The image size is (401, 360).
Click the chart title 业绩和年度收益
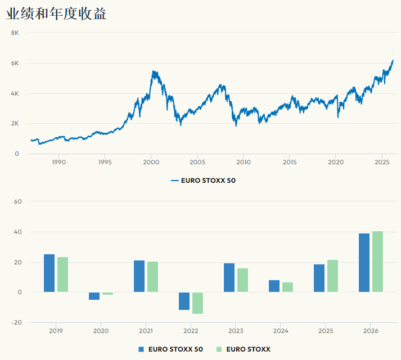(x=56, y=13)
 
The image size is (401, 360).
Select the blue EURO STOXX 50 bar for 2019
(x=49, y=273)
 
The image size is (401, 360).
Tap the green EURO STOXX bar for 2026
(x=377, y=262)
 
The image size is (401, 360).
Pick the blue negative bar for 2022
(x=184, y=301)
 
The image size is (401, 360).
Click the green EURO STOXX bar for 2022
(x=197, y=303)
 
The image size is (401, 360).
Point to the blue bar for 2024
(x=274, y=286)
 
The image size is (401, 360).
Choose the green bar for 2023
(x=242, y=280)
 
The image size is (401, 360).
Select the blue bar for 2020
(x=94, y=296)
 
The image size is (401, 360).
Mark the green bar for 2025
(x=332, y=276)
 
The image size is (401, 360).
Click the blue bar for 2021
(x=139, y=276)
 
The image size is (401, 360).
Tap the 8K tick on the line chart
(x=15, y=33)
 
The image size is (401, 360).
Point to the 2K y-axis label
(x=15, y=123)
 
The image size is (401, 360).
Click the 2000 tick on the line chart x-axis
(x=151, y=162)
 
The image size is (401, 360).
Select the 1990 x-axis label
(x=58, y=162)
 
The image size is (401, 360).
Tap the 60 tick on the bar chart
(x=17, y=201)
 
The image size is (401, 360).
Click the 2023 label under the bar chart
(x=236, y=331)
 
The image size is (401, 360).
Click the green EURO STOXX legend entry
(x=243, y=349)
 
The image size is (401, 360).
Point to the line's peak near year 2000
(x=153, y=71)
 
